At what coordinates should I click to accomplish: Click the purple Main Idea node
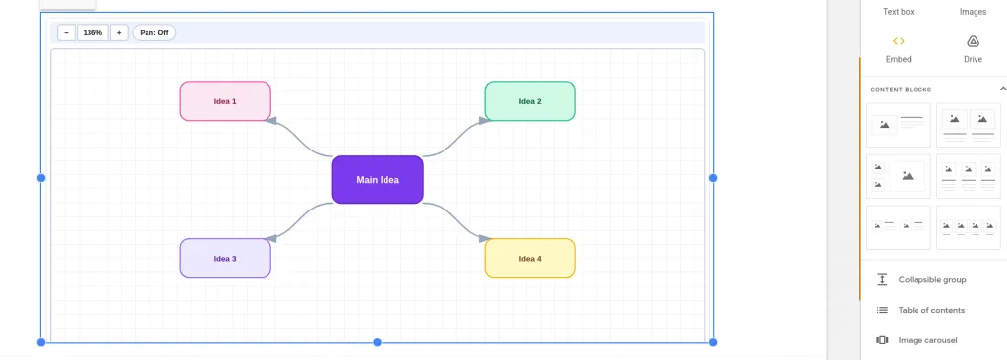(x=378, y=180)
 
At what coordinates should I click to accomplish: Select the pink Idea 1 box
(x=225, y=101)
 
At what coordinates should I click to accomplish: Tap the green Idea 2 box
(x=530, y=101)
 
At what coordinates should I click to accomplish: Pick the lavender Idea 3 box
(x=225, y=259)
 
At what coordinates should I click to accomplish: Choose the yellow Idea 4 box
(x=530, y=259)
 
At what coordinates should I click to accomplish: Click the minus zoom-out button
(x=66, y=32)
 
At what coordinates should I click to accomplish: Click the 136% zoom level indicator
(x=92, y=32)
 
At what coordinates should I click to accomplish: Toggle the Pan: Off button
(x=154, y=32)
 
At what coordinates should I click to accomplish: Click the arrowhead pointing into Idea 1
(x=271, y=120)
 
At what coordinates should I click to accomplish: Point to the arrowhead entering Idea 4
(x=485, y=238)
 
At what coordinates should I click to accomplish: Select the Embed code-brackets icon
(x=899, y=41)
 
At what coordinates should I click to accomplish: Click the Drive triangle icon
(x=973, y=41)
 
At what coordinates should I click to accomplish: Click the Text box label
(x=899, y=12)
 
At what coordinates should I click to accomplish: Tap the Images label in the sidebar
(x=973, y=12)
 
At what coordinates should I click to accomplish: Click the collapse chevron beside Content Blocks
(x=1002, y=89)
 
